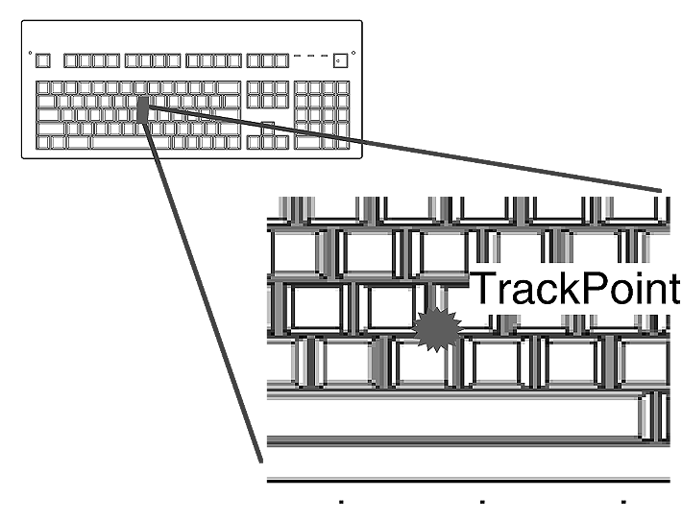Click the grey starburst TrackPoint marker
(x=438, y=331)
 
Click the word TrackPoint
(x=574, y=290)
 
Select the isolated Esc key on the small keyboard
(x=43, y=61)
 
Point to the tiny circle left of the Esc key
(x=30, y=53)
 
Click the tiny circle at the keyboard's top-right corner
(x=354, y=53)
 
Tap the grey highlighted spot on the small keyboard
(x=143, y=112)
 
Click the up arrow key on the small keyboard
(x=267, y=129)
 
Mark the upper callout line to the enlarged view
(x=403, y=148)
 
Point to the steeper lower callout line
(x=202, y=288)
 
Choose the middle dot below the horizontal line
(x=481, y=501)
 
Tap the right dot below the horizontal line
(x=623, y=501)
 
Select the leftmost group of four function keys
(x=92, y=61)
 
